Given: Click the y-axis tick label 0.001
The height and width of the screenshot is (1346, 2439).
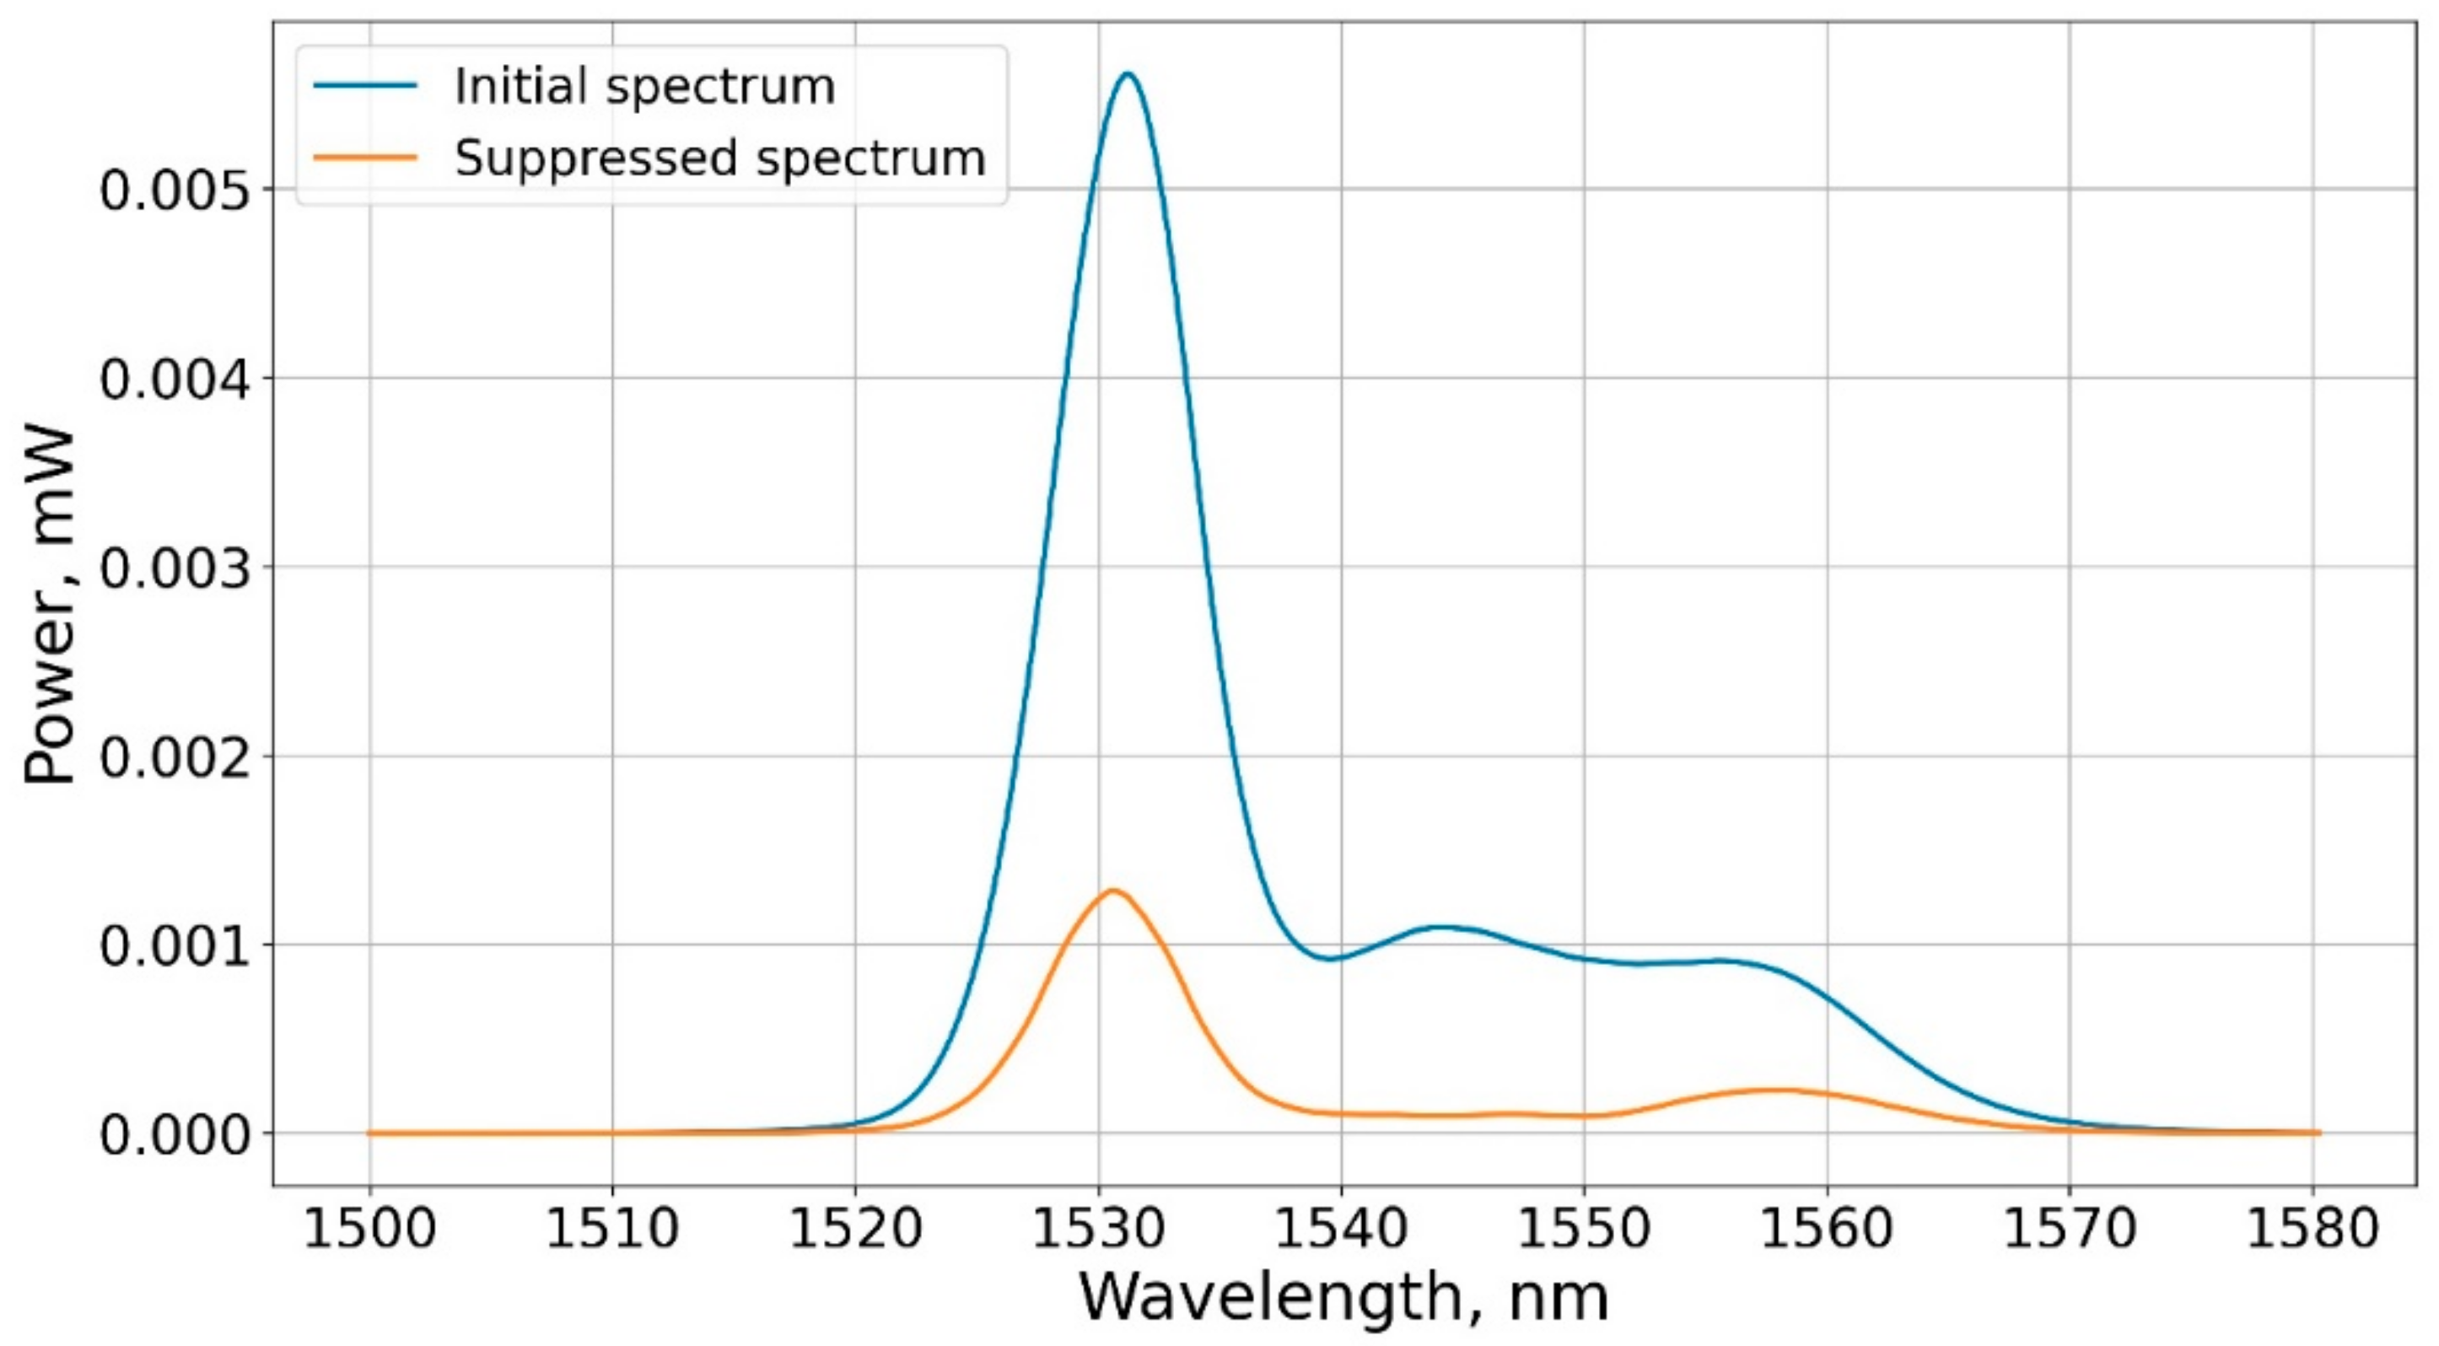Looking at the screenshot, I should [x=176, y=946].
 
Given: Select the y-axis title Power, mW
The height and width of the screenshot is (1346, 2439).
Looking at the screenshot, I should [x=49, y=606].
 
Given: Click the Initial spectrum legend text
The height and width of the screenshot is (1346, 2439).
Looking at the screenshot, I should [x=643, y=86].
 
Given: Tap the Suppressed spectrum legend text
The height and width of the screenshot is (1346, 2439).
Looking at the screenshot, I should [x=719, y=157].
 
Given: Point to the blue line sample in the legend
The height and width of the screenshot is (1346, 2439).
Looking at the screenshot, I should [x=365, y=86].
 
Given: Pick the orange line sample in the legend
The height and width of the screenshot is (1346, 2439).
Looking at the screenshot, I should [x=365, y=157].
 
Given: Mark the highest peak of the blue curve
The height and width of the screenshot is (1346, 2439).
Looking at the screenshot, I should [x=1128, y=74].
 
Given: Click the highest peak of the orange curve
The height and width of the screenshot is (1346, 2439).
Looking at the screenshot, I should [x=1112, y=891].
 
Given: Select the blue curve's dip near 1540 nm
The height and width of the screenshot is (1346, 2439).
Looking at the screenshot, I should [x=1330, y=958].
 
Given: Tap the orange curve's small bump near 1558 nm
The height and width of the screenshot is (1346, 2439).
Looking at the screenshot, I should [x=1780, y=1090].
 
